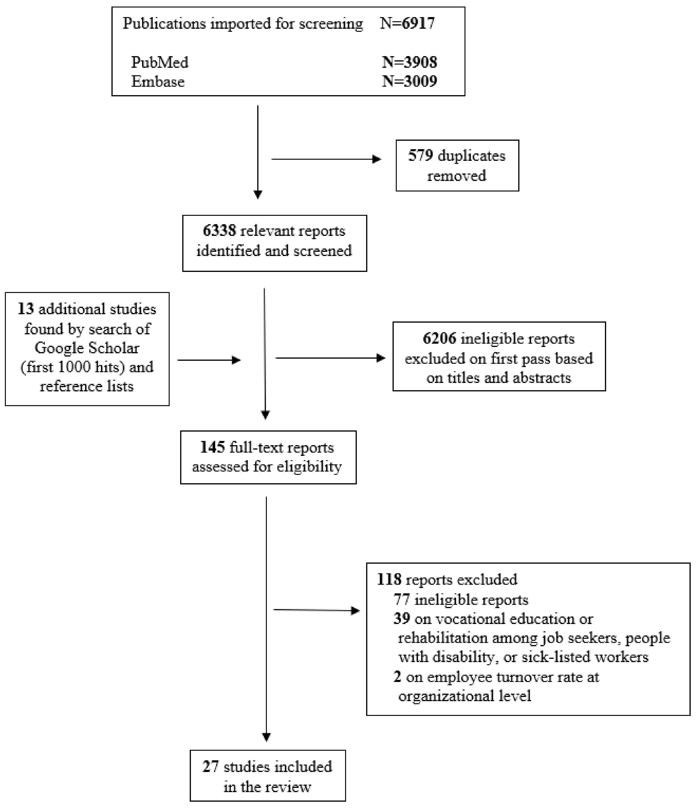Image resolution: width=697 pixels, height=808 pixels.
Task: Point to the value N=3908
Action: point(409,62)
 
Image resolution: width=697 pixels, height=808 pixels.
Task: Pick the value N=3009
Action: point(409,82)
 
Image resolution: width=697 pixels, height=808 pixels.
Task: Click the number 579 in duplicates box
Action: point(420,156)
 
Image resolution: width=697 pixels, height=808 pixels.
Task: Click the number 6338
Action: point(219,231)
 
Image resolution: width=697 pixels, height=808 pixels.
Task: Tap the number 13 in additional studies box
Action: point(26,309)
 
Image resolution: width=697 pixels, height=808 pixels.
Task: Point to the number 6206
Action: point(439,339)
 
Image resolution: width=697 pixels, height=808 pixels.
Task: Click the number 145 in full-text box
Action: point(212,447)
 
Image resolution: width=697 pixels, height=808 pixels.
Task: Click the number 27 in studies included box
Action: point(211,767)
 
